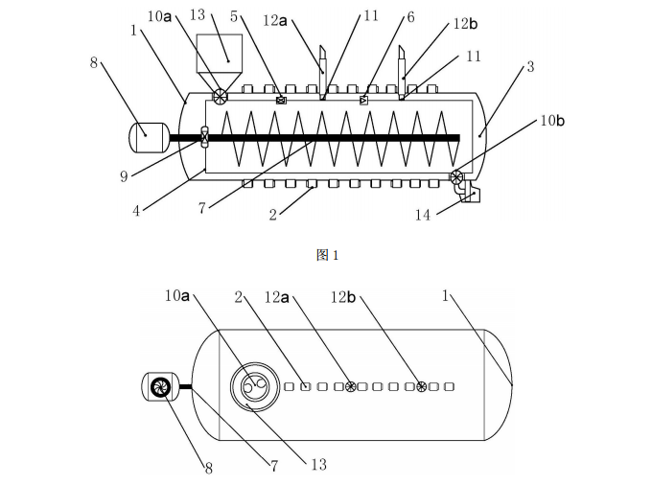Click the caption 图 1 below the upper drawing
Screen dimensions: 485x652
[x=327, y=255]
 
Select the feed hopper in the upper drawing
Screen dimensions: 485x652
[x=221, y=56]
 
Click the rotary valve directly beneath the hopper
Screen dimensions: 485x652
[x=221, y=95]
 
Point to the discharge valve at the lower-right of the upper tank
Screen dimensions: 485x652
[x=456, y=176]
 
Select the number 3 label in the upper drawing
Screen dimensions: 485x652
[x=530, y=68]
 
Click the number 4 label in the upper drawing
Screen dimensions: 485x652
[x=136, y=210]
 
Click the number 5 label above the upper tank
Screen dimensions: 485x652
[x=234, y=15]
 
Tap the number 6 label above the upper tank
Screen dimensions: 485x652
[x=410, y=17]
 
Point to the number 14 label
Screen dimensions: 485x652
[x=423, y=215]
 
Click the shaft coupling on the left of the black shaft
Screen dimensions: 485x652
[x=204, y=137]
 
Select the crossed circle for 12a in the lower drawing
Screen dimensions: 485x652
[x=351, y=386]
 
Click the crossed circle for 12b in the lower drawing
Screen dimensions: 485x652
[x=420, y=386]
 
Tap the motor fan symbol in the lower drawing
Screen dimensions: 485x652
[x=160, y=387]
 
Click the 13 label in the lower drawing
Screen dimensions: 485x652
[x=318, y=464]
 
